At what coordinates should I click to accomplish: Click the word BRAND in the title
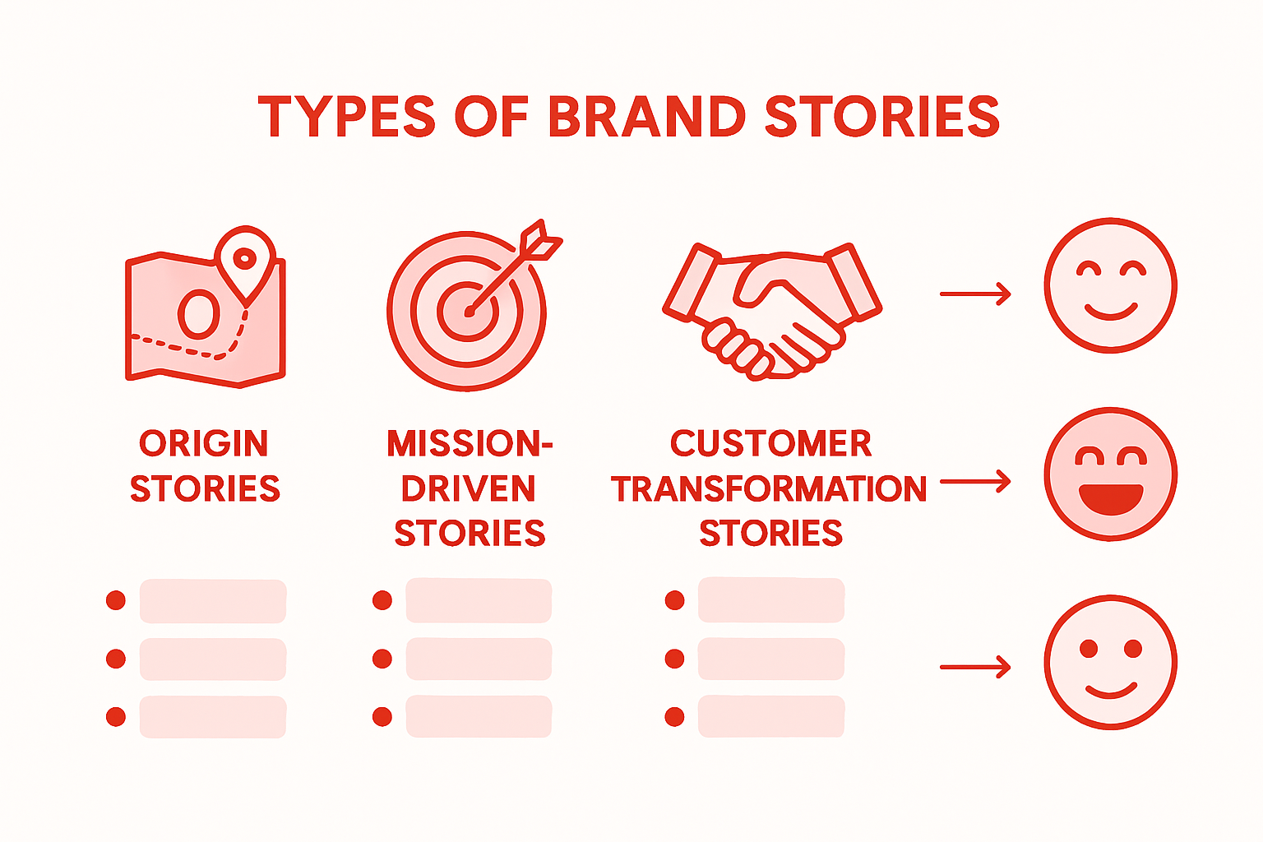(646, 117)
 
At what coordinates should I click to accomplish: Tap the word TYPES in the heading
(346, 117)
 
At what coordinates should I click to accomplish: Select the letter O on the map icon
(200, 313)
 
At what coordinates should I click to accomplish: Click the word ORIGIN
(204, 444)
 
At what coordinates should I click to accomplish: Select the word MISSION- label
(470, 444)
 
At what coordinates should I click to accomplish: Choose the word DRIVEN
(469, 489)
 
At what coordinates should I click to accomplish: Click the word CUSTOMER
(770, 444)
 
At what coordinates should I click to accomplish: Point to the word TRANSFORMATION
(769, 489)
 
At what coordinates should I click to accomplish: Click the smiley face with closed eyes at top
(1110, 285)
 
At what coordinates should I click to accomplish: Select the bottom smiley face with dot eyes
(1110, 662)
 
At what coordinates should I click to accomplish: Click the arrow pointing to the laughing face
(975, 481)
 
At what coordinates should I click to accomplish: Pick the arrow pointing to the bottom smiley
(975, 667)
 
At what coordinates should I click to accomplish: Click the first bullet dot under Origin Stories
(116, 600)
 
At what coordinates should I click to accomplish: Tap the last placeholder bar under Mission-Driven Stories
(479, 716)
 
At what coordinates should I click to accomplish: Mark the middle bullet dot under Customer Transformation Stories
(674, 659)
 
